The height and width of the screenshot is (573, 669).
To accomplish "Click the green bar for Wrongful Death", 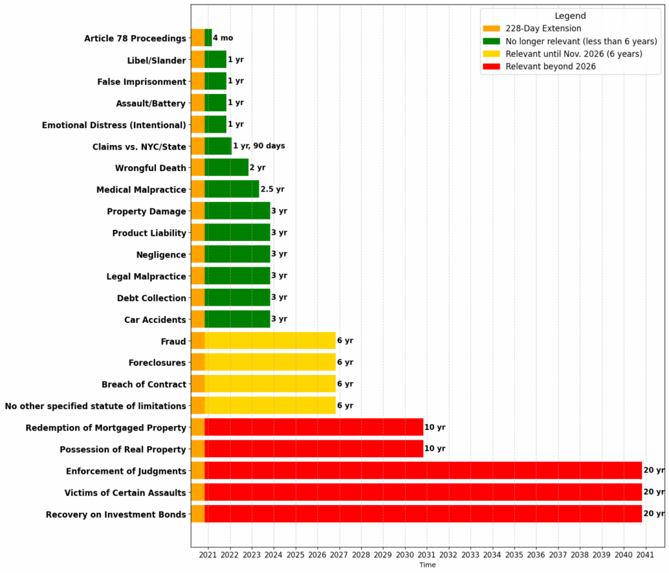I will click(227, 167).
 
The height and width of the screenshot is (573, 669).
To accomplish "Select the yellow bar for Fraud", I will click(270, 340).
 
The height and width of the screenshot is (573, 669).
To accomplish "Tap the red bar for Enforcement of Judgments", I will click(423, 470).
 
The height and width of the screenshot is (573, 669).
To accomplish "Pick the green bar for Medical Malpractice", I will click(232, 189).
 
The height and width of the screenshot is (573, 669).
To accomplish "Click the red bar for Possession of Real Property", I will click(314, 449).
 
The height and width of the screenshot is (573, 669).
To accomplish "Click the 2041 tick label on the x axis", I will click(645, 555).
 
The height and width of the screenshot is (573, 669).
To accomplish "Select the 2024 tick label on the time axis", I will click(274, 555).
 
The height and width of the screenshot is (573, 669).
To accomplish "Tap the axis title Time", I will click(427, 565).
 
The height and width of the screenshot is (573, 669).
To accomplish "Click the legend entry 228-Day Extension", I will click(543, 28).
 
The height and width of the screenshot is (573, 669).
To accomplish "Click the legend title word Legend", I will click(570, 16).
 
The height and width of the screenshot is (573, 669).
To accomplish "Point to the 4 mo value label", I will click(223, 38).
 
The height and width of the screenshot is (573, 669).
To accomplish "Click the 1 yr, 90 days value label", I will click(259, 146).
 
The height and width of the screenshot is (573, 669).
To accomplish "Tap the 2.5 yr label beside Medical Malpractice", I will click(272, 189).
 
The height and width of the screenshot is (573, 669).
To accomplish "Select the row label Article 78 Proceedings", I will click(135, 39).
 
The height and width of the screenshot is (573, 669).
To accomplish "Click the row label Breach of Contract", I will click(144, 384).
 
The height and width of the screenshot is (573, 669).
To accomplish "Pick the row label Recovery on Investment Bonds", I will click(116, 514).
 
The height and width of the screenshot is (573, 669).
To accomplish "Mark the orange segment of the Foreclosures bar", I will click(197, 362).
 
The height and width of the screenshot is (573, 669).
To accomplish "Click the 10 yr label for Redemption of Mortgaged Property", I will click(434, 427).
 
